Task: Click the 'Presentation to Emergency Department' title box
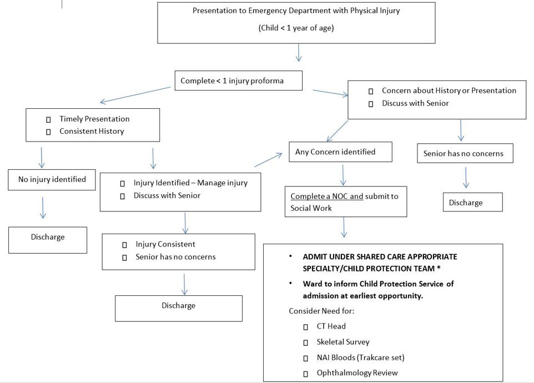pos(296,22)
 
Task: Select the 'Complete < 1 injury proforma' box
pos(238,80)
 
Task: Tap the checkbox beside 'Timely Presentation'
pos(48,119)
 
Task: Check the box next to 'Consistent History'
pos(48,132)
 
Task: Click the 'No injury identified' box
pos(52,179)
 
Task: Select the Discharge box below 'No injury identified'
pos(48,239)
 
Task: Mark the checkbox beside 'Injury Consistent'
pos(125,245)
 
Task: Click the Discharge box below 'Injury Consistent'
pos(178,308)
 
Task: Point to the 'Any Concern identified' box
pos(340,152)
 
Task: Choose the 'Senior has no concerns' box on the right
pos(465,153)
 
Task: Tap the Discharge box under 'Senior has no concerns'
pos(472,202)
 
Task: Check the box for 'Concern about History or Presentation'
pos(371,91)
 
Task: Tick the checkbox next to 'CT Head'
pos(306,327)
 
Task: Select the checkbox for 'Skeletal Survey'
pos(306,342)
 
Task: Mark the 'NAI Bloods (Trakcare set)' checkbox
pos(306,358)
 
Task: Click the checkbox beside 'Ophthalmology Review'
pos(306,374)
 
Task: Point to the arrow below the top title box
pos(299,53)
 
